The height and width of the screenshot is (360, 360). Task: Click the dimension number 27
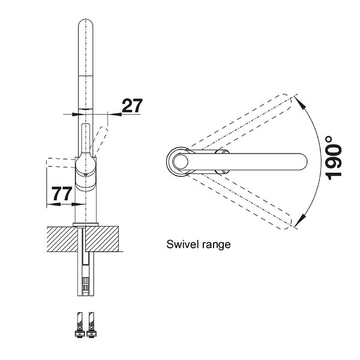[132, 106]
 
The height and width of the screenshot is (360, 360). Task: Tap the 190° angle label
[334, 158]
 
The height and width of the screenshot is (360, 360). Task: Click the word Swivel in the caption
[182, 244]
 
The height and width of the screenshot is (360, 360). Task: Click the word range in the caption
[216, 245]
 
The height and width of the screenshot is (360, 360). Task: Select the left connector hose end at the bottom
[80, 325]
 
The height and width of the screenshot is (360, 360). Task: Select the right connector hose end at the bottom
[91, 325]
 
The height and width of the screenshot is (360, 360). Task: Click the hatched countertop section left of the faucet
[62, 239]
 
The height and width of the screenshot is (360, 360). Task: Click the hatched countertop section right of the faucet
[103, 239]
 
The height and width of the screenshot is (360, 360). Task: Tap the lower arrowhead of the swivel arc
[301, 220]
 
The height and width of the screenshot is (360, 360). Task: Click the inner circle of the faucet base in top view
[181, 161]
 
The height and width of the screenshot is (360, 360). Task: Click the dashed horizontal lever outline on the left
[61, 163]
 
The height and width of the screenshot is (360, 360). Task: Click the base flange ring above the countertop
[86, 224]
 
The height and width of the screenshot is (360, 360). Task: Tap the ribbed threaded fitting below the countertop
[86, 282]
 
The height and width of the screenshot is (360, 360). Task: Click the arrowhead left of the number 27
[76, 114]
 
